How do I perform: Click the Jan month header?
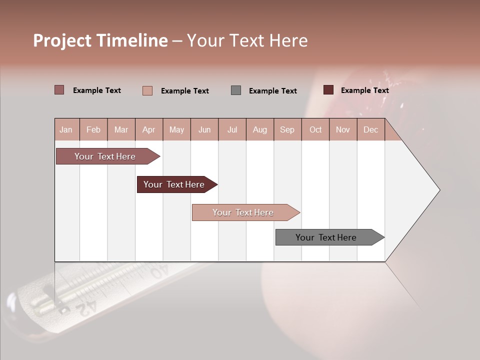(x=66, y=129)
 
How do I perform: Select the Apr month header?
(x=148, y=129)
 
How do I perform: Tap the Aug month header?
(x=259, y=129)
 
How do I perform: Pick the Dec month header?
(x=370, y=129)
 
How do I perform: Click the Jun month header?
(x=204, y=129)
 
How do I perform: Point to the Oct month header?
(x=315, y=129)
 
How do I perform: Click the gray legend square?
(x=236, y=90)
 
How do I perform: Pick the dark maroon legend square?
(x=328, y=90)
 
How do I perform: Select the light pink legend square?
(x=147, y=90)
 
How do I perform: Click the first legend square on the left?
(x=59, y=90)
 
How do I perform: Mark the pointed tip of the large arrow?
(x=439, y=190)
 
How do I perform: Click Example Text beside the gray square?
(x=272, y=90)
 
